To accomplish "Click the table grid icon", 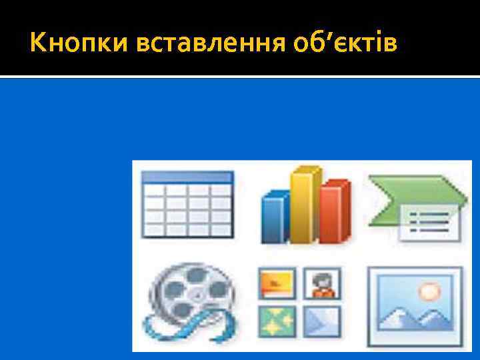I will click(188, 207).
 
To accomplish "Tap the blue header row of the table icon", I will click(188, 177).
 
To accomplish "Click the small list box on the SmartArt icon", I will click(430, 223).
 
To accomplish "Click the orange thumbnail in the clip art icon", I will click(275, 283).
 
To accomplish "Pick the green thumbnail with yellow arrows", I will click(275, 321).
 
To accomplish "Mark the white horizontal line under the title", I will click(240, 77).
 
